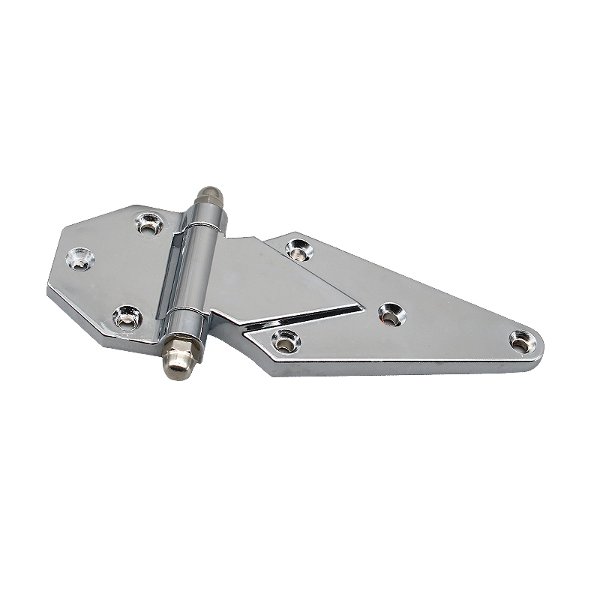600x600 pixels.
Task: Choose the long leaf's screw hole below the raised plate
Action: (x=283, y=340)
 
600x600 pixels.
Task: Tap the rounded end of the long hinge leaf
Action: (x=536, y=346)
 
